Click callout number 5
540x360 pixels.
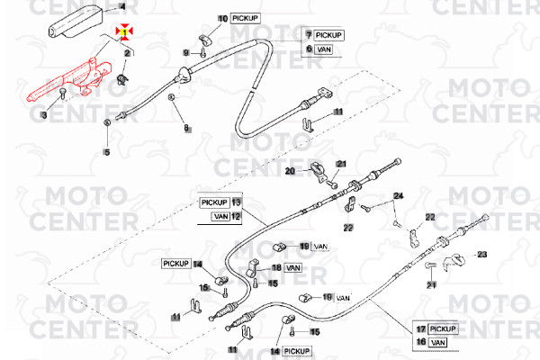[107, 151]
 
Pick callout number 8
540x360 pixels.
[187, 129]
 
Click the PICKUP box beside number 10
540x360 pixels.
[245, 18]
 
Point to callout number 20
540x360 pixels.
[291, 169]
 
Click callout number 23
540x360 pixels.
[481, 256]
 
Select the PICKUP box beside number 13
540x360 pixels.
[214, 202]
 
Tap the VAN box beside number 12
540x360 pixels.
[220, 216]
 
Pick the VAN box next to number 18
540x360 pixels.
[293, 268]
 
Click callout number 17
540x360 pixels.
[420, 328]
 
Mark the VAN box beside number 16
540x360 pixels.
[439, 342]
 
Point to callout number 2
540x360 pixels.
[128, 53]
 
